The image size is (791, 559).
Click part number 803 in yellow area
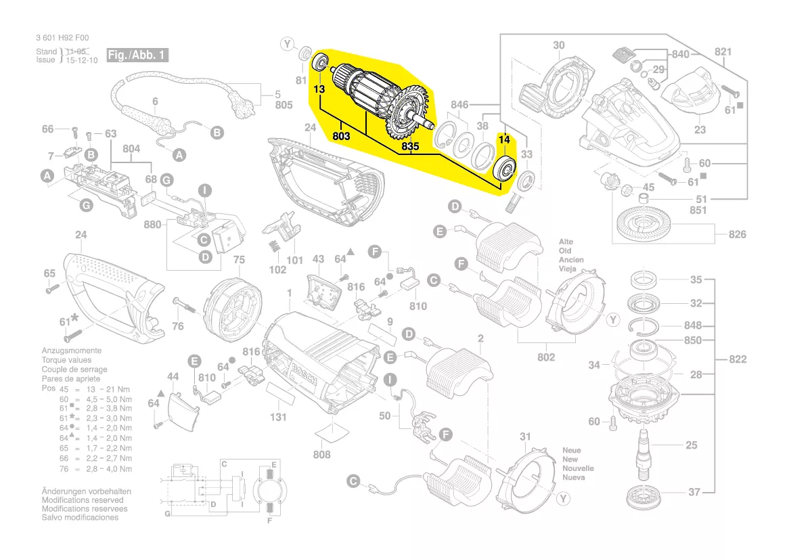tap(341, 136)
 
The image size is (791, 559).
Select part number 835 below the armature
tap(409, 146)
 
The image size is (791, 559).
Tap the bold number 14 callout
tap(503, 139)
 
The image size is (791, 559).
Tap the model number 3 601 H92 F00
tap(62, 38)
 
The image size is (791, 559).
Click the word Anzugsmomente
tap(71, 351)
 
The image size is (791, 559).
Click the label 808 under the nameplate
tap(322, 454)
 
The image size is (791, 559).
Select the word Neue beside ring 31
tap(571, 450)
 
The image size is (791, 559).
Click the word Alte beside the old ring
tap(566, 242)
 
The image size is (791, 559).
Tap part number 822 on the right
tap(738, 359)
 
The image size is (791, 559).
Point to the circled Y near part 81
tap(288, 45)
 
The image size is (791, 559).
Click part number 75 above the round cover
tap(239, 260)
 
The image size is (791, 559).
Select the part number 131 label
tap(279, 418)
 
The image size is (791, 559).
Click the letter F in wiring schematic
tap(270, 521)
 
